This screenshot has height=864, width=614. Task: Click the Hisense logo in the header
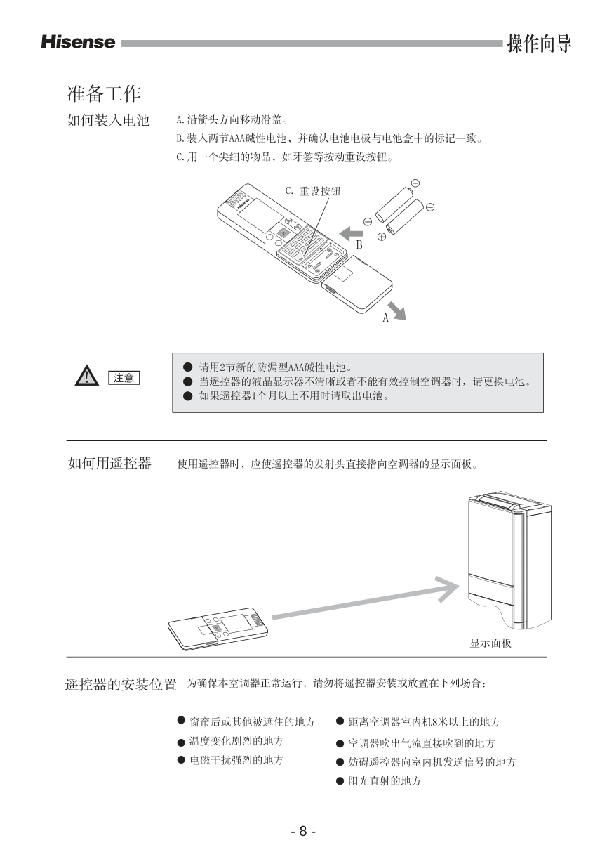pyautogui.click(x=79, y=42)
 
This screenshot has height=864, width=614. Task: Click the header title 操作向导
pyautogui.click(x=539, y=44)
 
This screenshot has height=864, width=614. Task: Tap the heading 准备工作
pyautogui.click(x=104, y=93)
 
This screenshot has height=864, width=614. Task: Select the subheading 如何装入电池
pyautogui.click(x=108, y=120)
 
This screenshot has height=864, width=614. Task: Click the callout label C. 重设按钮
pyautogui.click(x=313, y=191)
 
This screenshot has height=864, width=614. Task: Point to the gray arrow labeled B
pyautogui.click(x=351, y=233)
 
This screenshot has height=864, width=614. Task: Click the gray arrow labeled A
pyautogui.click(x=397, y=311)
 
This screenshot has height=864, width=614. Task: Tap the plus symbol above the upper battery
pyautogui.click(x=415, y=183)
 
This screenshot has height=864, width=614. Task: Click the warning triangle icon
pyautogui.click(x=87, y=375)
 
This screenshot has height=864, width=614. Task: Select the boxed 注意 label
pyautogui.click(x=124, y=378)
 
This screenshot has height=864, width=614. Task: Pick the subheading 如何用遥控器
pyautogui.click(x=110, y=463)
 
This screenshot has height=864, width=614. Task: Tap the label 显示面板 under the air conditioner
pyautogui.click(x=490, y=643)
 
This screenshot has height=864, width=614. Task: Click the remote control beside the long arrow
pyautogui.click(x=218, y=629)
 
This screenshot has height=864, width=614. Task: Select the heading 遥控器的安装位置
pyautogui.click(x=121, y=685)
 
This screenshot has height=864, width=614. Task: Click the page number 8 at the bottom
pyautogui.click(x=303, y=830)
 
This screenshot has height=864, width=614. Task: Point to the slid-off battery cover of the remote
pyautogui.click(x=356, y=285)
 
